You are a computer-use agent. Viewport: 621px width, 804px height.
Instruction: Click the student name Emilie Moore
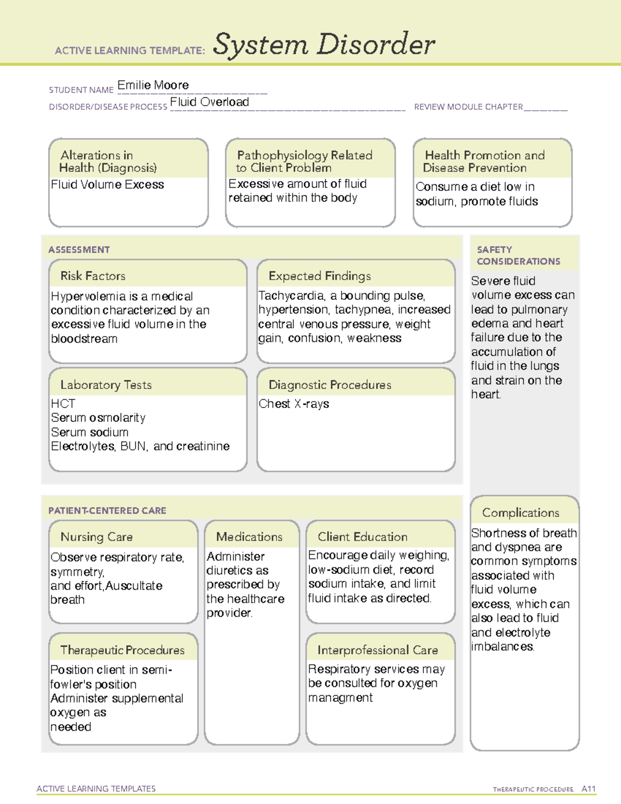pyautogui.click(x=153, y=85)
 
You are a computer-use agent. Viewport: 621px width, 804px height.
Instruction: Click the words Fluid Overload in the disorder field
pyautogui.click(x=209, y=102)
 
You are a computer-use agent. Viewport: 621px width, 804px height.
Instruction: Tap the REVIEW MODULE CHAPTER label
pyautogui.click(x=468, y=107)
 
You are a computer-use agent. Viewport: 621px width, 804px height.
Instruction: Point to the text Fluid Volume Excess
pyautogui.click(x=107, y=184)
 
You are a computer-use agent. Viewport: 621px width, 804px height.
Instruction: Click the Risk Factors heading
pyautogui.click(x=93, y=276)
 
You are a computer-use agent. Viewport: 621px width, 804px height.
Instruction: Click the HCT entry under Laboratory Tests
pyautogui.click(x=63, y=404)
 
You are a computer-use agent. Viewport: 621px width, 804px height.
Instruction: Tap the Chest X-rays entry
pyautogui.click(x=293, y=404)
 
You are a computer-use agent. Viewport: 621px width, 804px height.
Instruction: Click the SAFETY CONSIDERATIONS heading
pyautogui.click(x=517, y=256)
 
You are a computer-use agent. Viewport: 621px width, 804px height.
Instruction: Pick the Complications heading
pyautogui.click(x=520, y=513)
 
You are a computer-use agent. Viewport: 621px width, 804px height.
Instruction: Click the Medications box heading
pyautogui.click(x=249, y=537)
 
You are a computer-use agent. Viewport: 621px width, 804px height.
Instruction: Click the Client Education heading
pyautogui.click(x=362, y=537)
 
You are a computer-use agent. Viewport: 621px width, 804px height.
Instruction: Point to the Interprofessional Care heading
pyautogui.click(x=377, y=650)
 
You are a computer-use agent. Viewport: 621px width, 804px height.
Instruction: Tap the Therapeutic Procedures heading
pyautogui.click(x=122, y=650)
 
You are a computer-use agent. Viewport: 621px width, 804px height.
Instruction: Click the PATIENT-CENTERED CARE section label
pyautogui.click(x=107, y=510)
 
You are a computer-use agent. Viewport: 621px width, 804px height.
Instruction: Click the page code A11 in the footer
pyautogui.click(x=588, y=789)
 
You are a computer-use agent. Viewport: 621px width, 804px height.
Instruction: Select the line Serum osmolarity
pyautogui.click(x=98, y=418)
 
